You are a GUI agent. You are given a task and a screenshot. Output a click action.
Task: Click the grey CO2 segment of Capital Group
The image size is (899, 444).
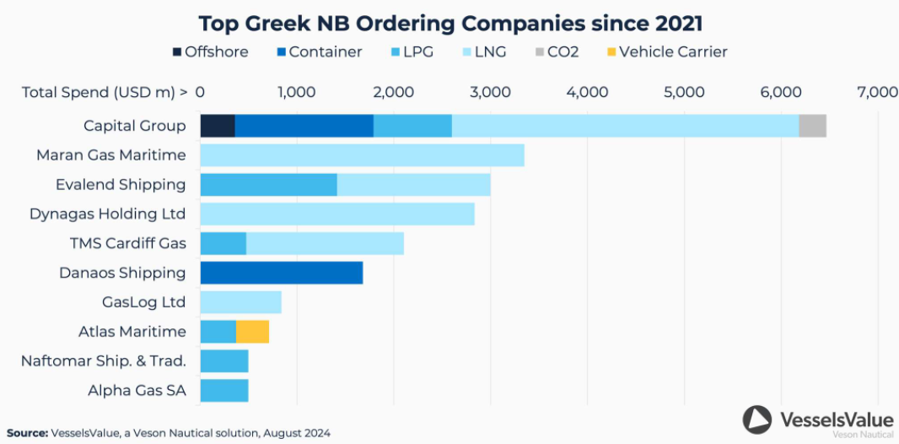click(812, 126)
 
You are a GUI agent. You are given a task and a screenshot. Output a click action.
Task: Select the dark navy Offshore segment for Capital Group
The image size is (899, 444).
click(217, 126)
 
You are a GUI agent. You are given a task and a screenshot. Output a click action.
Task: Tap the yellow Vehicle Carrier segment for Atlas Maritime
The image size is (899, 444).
click(252, 332)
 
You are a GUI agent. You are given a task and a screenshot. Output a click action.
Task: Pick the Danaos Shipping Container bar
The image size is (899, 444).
click(281, 273)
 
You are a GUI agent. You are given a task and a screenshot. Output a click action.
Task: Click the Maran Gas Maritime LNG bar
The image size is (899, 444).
click(362, 155)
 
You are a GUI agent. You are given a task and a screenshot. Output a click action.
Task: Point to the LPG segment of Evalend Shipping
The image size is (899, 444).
click(268, 185)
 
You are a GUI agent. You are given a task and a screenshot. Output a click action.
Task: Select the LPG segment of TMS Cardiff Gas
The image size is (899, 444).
click(223, 244)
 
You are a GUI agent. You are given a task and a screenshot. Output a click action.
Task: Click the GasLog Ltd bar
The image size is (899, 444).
click(240, 302)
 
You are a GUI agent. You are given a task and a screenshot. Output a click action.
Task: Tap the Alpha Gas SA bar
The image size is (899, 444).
click(223, 391)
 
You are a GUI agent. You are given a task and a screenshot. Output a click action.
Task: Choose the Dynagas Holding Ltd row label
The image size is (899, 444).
click(107, 214)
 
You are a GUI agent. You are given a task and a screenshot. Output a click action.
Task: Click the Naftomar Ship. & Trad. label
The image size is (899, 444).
click(103, 361)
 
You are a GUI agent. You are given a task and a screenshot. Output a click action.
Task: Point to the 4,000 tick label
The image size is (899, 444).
click(587, 92)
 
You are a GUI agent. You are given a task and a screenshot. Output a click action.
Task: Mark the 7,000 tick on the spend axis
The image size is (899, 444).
click(877, 92)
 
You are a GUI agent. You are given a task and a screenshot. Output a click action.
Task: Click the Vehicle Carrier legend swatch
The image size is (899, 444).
click(611, 52)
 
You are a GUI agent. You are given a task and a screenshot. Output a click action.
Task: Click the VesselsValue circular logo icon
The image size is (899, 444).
click(757, 420)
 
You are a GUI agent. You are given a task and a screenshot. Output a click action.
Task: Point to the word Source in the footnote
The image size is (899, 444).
click(26, 433)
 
